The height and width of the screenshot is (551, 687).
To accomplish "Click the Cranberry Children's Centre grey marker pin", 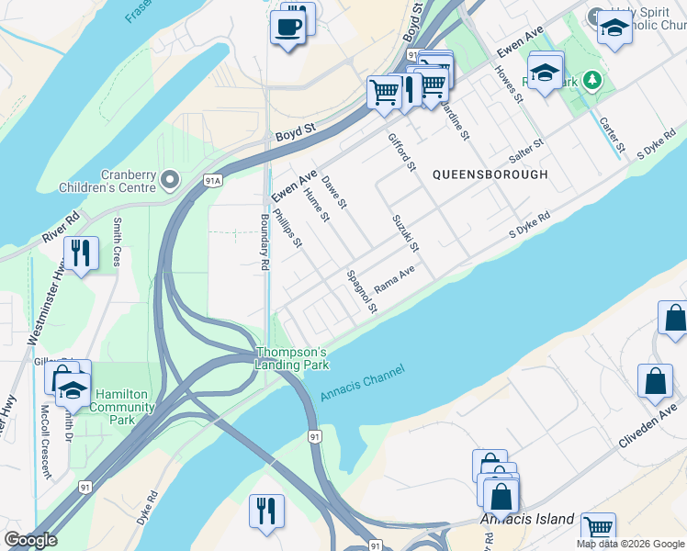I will (x=169, y=179).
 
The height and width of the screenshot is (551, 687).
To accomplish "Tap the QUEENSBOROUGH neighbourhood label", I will (x=490, y=174).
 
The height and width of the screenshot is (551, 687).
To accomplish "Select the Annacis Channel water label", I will (x=364, y=381).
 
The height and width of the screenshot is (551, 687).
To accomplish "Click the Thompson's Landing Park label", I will (x=291, y=358).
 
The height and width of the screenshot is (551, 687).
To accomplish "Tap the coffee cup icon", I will (x=288, y=28).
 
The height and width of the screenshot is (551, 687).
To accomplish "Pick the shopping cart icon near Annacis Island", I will (x=598, y=528).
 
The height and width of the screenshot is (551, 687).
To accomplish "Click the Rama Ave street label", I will (x=395, y=277).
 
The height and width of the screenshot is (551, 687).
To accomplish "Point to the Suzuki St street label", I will (x=405, y=234).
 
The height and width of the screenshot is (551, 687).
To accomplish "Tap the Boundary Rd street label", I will (x=265, y=242).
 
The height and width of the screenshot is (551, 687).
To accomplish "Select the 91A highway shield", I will (x=213, y=181).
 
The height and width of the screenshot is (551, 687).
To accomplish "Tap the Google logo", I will (x=30, y=540).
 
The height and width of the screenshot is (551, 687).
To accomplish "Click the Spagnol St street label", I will (x=361, y=291).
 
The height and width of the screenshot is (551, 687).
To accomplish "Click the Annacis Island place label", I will (x=527, y=520).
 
